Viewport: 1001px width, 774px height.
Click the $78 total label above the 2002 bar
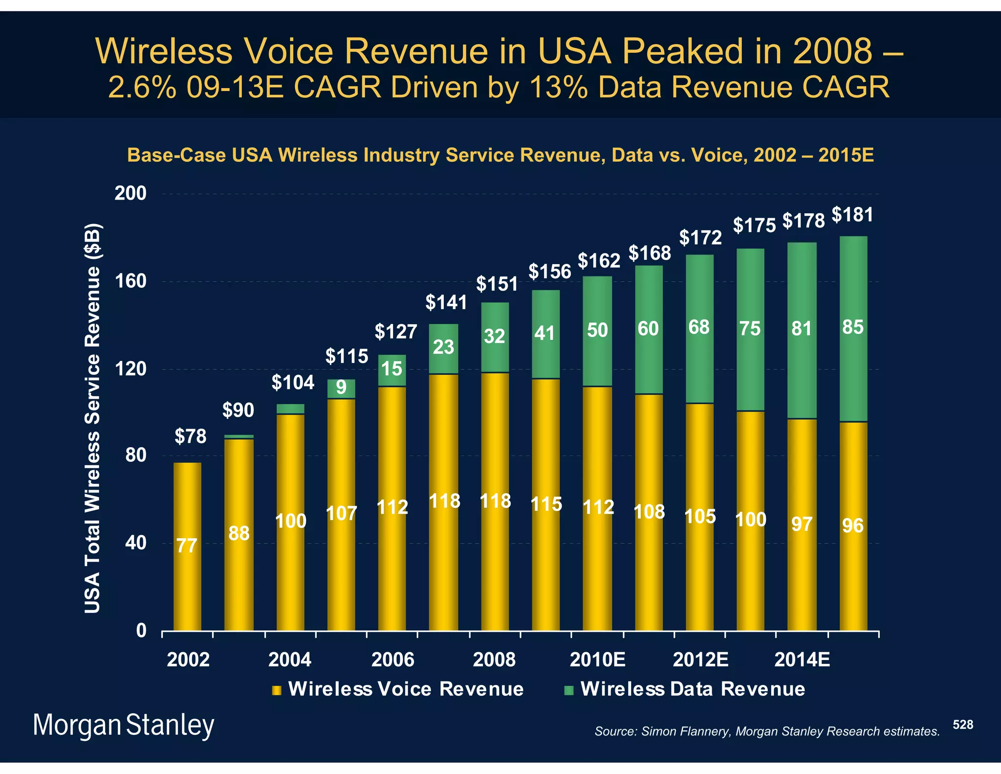pyautogui.click(x=191, y=436)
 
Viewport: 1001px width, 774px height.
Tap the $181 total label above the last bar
pyautogui.click(x=852, y=215)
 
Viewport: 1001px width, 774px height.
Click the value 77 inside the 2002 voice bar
pyautogui.click(x=187, y=546)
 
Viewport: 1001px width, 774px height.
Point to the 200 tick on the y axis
pyautogui.click(x=131, y=193)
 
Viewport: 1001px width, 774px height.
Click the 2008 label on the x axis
pyautogui.click(x=494, y=660)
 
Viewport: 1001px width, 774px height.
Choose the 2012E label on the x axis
pyautogui.click(x=701, y=660)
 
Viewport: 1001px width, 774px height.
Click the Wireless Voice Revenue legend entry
pyautogui.click(x=405, y=689)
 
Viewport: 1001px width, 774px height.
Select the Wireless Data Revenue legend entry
pyautogui.click(x=692, y=689)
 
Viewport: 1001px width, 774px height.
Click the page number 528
pyautogui.click(x=963, y=725)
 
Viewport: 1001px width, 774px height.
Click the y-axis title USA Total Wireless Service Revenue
pyautogui.click(x=92, y=418)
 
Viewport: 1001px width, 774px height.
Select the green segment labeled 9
pyautogui.click(x=341, y=388)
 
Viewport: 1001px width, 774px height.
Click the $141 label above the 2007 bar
pyautogui.click(x=446, y=303)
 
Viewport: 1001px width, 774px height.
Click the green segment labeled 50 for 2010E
pyautogui.click(x=597, y=331)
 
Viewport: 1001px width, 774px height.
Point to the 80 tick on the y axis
pyautogui.click(x=136, y=455)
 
